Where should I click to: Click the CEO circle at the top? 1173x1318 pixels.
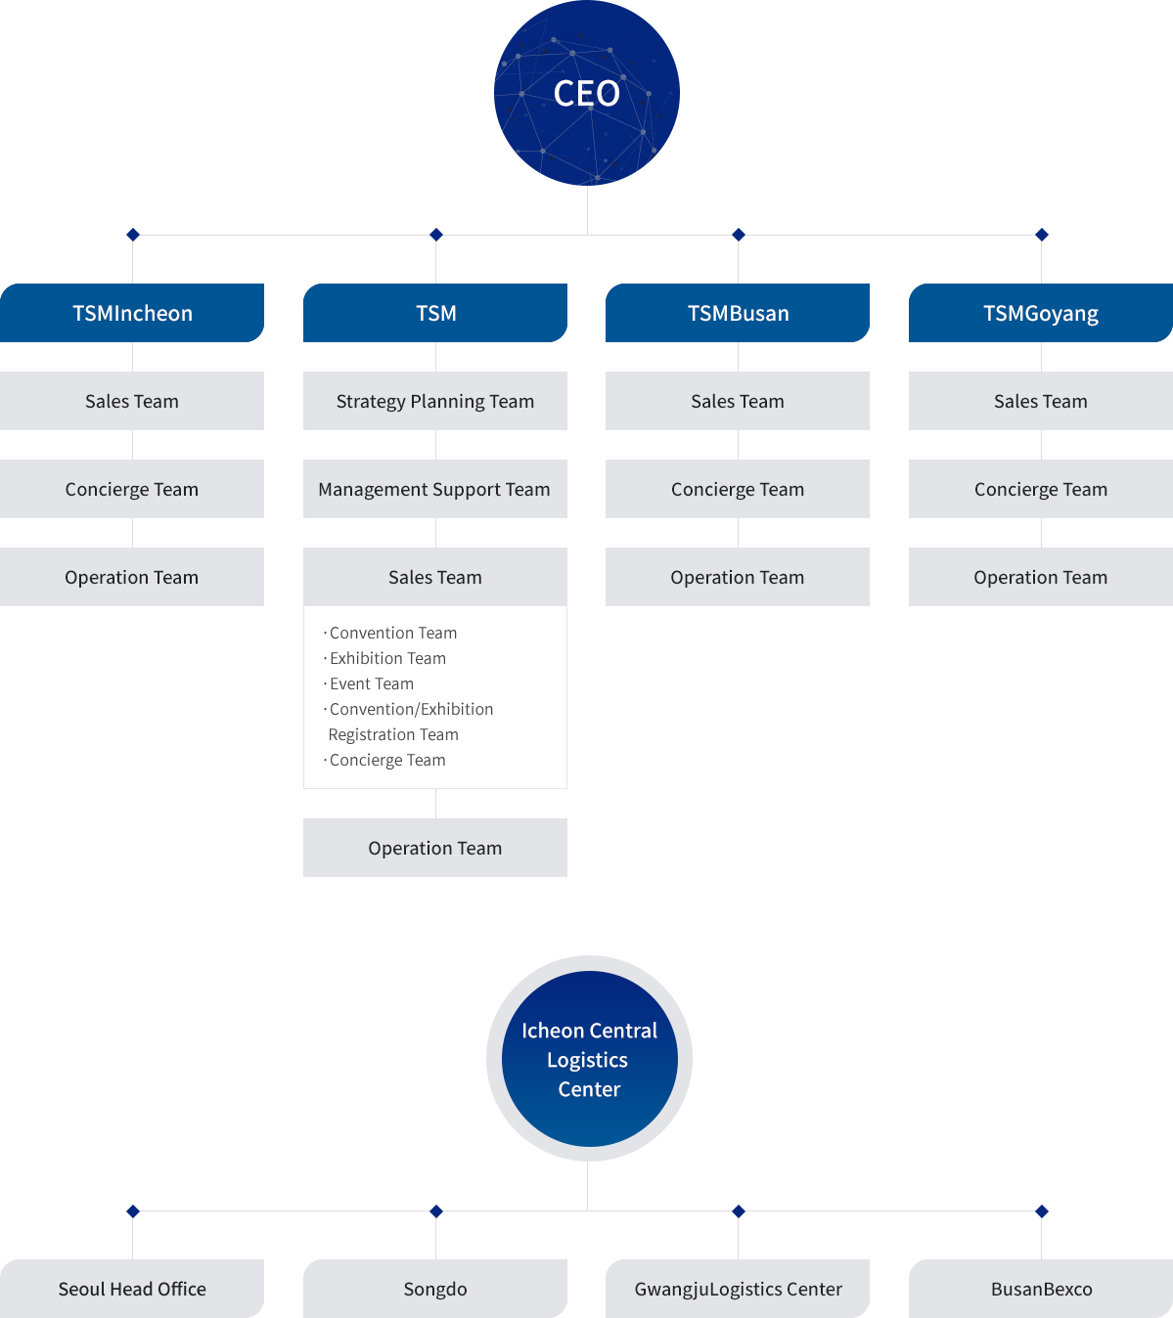(x=587, y=93)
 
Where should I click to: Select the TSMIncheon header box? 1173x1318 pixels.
(x=132, y=313)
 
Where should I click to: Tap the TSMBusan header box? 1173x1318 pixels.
(x=738, y=313)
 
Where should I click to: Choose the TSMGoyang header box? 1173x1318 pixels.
(x=1041, y=313)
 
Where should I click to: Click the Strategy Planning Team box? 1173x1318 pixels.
(x=434, y=401)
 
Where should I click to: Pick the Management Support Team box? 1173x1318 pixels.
(x=434, y=489)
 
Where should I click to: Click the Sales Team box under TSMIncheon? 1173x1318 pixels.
(x=132, y=401)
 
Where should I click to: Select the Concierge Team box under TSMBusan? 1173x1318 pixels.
(x=738, y=489)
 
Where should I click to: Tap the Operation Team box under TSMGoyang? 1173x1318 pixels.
(x=1041, y=577)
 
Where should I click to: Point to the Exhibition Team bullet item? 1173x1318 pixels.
(x=384, y=658)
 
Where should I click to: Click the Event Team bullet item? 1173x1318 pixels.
(x=369, y=683)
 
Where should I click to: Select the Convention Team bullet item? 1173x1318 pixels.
(x=390, y=633)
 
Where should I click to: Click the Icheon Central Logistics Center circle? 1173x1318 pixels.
(x=589, y=1059)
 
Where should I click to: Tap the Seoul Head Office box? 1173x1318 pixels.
(x=132, y=1289)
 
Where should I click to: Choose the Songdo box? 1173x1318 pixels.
(x=434, y=1289)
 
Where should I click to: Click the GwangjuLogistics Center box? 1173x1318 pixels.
(x=738, y=1289)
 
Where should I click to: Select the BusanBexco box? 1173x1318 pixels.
(x=1041, y=1289)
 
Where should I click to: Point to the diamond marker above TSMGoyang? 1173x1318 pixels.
(x=1042, y=235)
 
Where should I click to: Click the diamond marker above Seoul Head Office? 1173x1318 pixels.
(x=133, y=1211)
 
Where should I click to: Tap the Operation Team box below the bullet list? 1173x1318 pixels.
(x=434, y=848)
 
